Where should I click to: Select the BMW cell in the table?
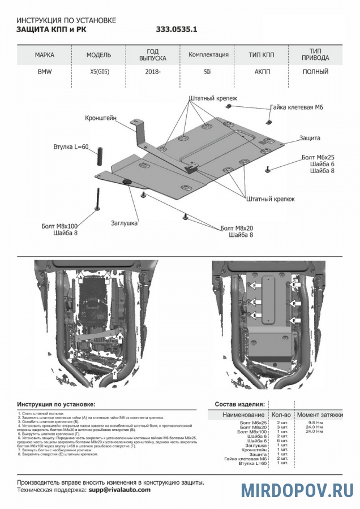click(x=44, y=72)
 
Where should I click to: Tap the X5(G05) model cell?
click(x=98, y=72)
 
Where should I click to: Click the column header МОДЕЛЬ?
click(x=98, y=55)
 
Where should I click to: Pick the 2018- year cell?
click(x=153, y=72)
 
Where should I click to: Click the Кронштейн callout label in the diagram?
click(x=101, y=118)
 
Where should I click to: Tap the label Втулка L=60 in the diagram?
click(x=71, y=147)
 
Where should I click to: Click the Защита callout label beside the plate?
click(x=310, y=138)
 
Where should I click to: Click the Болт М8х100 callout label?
click(x=61, y=226)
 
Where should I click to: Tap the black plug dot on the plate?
click(x=126, y=181)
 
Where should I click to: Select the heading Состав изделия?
click(x=239, y=404)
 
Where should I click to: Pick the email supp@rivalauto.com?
click(x=119, y=490)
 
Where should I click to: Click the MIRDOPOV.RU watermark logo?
click(x=298, y=490)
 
